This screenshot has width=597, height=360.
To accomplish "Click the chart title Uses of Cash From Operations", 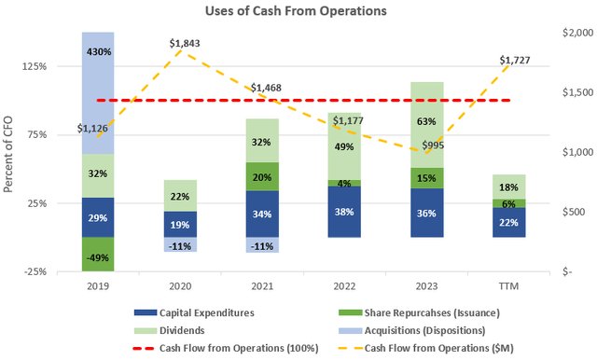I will pos(298,12).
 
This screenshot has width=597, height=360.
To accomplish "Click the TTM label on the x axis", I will pos(507,285).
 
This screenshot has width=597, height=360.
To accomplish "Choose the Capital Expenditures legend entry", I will pos(187,312).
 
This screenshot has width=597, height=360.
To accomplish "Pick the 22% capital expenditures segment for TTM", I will pos(507,222).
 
